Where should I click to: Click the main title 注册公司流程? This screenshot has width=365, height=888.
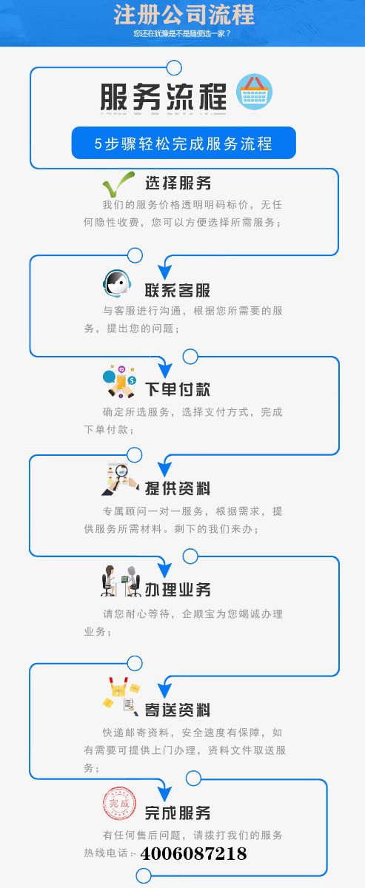click(184, 15)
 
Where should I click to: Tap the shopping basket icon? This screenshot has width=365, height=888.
click(254, 92)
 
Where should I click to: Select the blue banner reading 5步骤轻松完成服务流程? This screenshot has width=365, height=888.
click(184, 143)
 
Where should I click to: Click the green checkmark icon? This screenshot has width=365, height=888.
click(118, 184)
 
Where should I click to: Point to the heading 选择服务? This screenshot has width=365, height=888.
click(178, 184)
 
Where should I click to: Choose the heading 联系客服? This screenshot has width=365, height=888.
click(178, 290)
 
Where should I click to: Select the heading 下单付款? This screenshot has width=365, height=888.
click(178, 389)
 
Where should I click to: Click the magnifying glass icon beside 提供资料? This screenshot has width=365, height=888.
click(120, 479)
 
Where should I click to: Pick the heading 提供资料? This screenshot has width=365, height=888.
click(178, 488)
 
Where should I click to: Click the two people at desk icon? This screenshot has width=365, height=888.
click(121, 581)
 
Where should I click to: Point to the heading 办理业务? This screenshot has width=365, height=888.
click(178, 590)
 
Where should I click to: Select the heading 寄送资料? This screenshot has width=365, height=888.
click(178, 710)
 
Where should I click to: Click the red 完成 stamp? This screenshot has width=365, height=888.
click(119, 804)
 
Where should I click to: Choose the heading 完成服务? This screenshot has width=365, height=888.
click(178, 813)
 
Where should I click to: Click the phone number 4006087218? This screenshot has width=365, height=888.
click(194, 853)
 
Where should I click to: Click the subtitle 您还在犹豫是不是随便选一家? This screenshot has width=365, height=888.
click(181, 33)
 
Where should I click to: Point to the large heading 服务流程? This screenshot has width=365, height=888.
click(164, 97)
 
